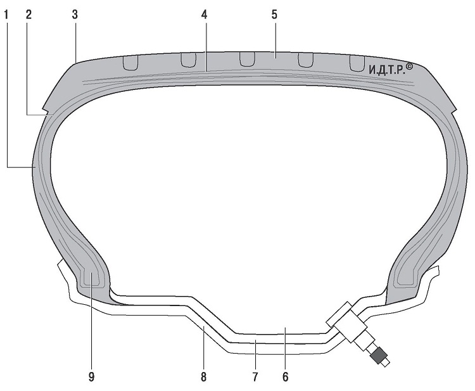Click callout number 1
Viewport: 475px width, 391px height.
(6, 15)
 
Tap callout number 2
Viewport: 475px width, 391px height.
(28, 15)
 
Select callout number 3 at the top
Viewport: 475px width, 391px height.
(75, 15)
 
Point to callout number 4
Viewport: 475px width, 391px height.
(205, 15)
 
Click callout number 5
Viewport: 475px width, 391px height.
(274, 15)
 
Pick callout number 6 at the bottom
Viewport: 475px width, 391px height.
(286, 377)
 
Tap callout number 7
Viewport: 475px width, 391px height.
(255, 377)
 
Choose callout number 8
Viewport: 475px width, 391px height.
(203, 377)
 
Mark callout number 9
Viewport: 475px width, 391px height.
(91, 377)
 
